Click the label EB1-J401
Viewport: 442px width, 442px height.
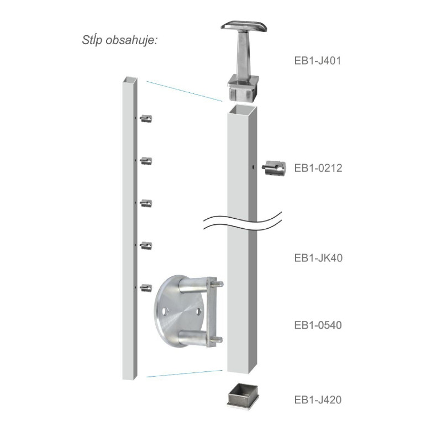click(318, 61)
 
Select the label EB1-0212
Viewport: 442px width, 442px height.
click(318, 168)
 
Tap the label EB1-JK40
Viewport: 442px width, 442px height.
click(319, 258)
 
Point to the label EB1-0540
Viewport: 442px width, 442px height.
click(318, 325)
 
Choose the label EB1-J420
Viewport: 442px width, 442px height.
click(318, 399)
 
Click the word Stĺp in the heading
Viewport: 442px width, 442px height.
click(92, 40)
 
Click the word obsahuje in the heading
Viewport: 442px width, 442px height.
click(131, 40)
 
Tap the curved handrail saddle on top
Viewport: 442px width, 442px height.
click(244, 26)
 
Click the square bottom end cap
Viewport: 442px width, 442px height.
click(243, 396)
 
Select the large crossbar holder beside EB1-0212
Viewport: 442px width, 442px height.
click(275, 168)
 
